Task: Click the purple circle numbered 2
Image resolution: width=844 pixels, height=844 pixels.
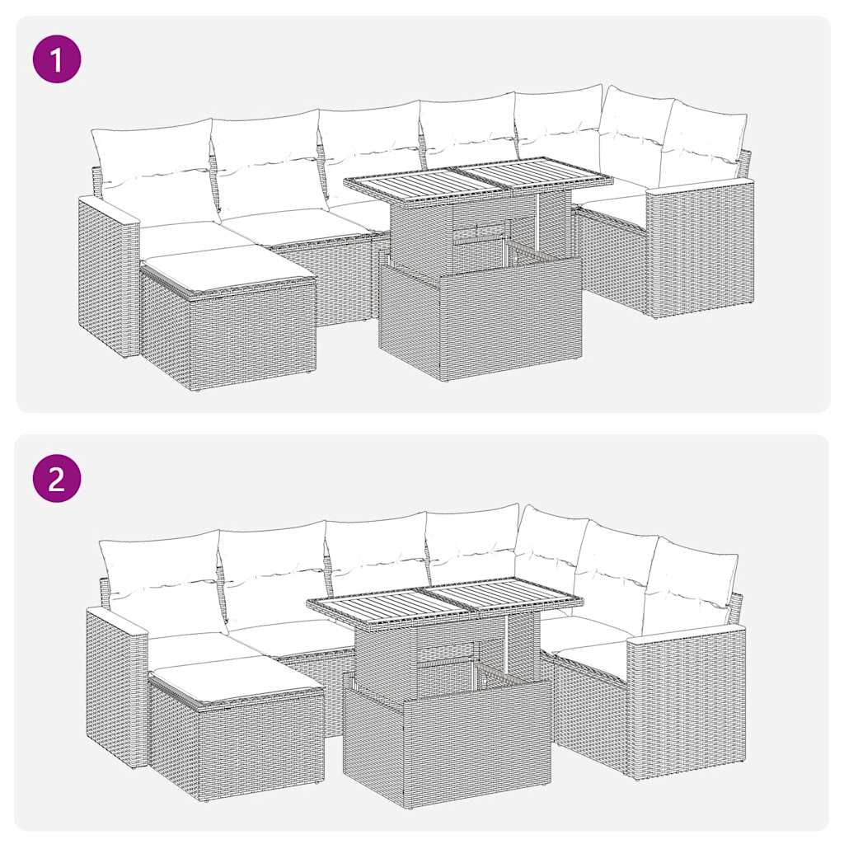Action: (57, 478)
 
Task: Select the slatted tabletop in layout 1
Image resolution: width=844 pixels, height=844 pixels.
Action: (478, 179)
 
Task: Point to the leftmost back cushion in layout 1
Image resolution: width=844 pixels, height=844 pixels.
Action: (152, 169)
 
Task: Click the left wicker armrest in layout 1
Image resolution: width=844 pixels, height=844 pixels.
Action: (107, 276)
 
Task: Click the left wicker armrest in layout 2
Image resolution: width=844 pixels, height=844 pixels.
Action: (116, 684)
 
